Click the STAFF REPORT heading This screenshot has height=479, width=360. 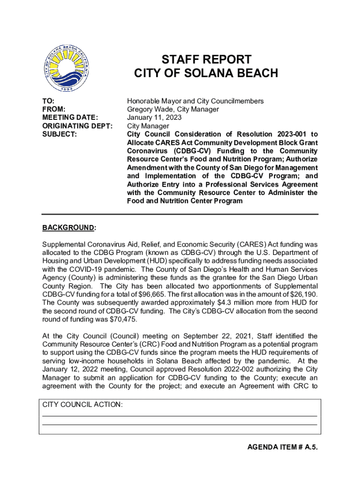tap(206, 59)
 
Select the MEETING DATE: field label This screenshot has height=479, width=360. tap(70, 117)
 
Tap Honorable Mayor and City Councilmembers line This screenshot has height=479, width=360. tap(195, 101)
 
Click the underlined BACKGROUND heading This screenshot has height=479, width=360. tap(68, 228)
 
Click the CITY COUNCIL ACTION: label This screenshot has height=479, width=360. tap(83, 405)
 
